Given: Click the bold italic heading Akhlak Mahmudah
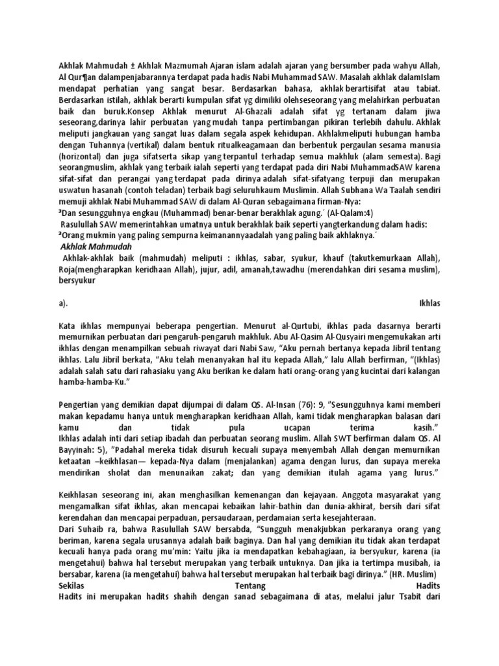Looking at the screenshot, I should click(96, 247).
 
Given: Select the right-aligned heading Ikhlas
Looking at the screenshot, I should click(430, 302).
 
